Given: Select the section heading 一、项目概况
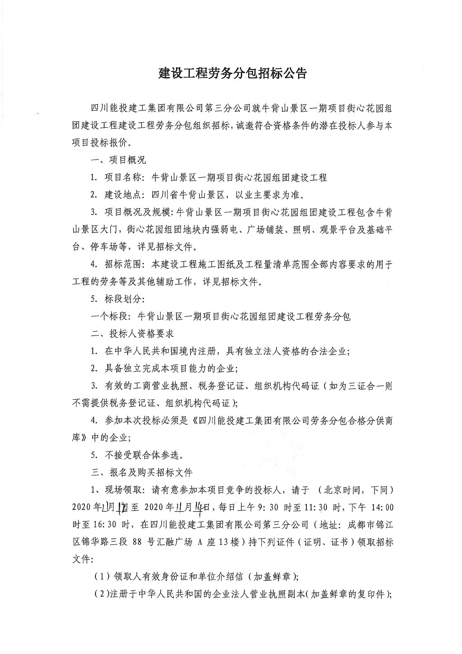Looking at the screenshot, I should (x=119, y=160).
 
